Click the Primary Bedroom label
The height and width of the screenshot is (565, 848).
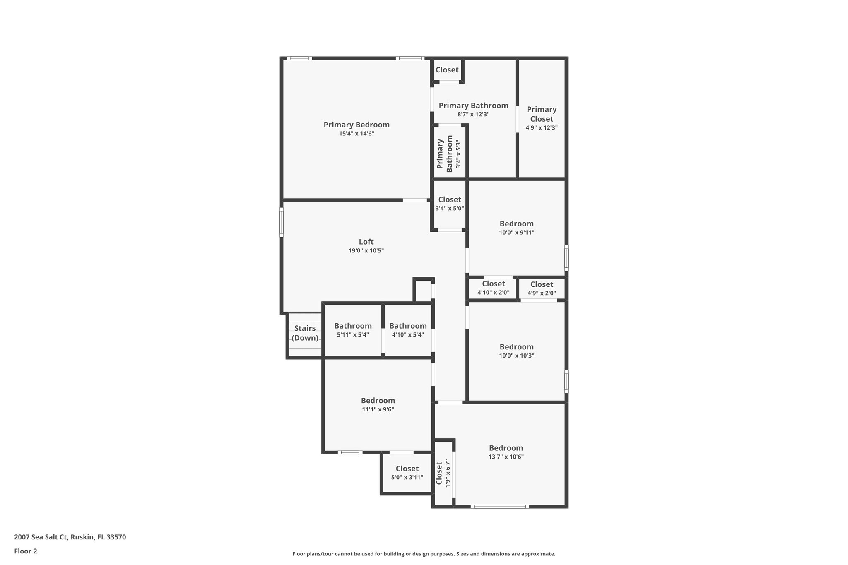pos(356,125)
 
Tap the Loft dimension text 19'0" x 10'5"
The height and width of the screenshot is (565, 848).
pos(366,251)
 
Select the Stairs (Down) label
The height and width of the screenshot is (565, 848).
pos(305,333)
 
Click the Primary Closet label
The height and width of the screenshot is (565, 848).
pos(542,114)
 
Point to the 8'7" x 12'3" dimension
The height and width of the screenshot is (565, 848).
pos(473,115)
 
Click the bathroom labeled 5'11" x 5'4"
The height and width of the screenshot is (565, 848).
pos(353,330)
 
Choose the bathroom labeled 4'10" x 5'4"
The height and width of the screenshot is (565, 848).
pos(408,330)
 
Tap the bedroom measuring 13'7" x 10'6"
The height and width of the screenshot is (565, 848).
pos(506,452)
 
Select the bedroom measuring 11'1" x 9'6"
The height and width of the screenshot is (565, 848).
pos(378,404)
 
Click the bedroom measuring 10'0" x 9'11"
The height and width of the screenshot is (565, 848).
pos(516,228)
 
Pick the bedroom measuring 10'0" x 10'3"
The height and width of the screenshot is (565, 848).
pos(516,351)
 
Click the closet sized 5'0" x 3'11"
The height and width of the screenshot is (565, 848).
pos(407,473)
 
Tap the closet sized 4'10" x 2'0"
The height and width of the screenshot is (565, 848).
pos(493,288)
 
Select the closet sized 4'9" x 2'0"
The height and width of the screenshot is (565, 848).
pos(542,289)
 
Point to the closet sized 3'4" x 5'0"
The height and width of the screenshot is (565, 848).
pos(450,204)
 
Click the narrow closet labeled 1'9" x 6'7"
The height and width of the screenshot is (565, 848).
pos(443,474)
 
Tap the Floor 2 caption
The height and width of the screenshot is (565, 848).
pos(26,551)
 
